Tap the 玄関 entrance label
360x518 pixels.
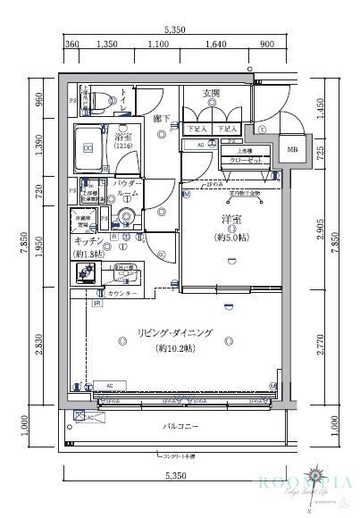[x=211, y=91]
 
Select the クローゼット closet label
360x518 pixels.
[x=242, y=158]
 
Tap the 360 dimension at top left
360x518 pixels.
[x=72, y=43]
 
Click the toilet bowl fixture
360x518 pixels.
[x=103, y=100]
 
